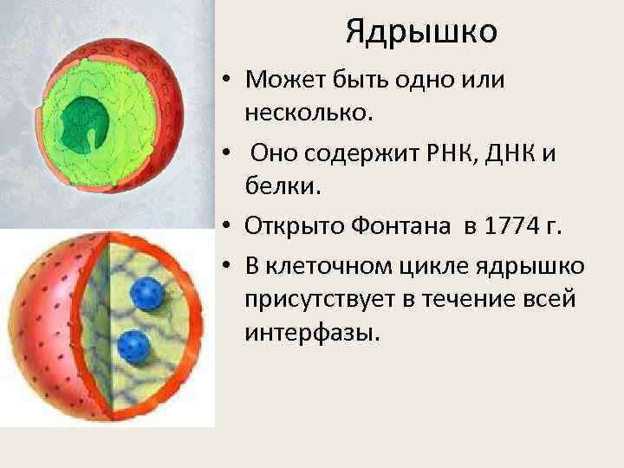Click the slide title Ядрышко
point(421,32)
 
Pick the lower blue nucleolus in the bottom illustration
point(133,345)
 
